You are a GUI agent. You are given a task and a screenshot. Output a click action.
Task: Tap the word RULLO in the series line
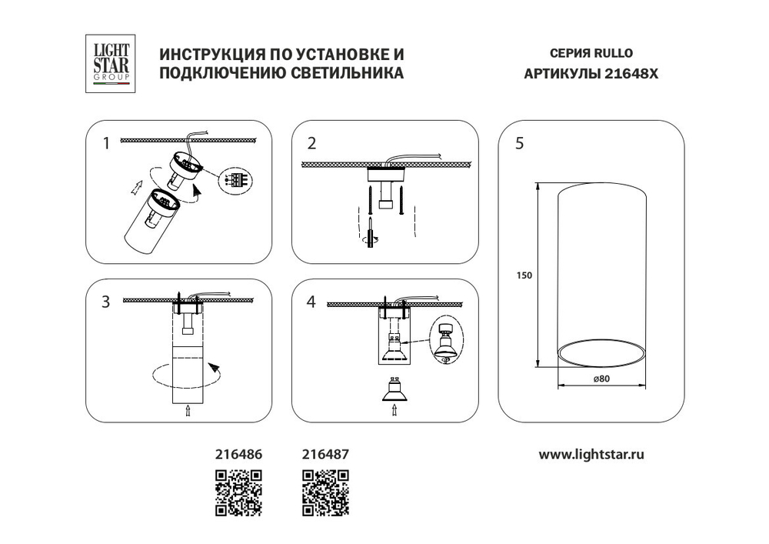612,55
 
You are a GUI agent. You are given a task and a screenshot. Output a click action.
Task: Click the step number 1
106,142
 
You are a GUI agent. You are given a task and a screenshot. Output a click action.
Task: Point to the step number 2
311,142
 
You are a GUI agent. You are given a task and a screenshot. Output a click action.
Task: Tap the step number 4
311,302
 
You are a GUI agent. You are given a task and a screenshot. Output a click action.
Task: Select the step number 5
520,143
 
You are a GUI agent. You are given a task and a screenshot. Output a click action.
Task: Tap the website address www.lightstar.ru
591,454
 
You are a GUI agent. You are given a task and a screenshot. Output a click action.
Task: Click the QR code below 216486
239,492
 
